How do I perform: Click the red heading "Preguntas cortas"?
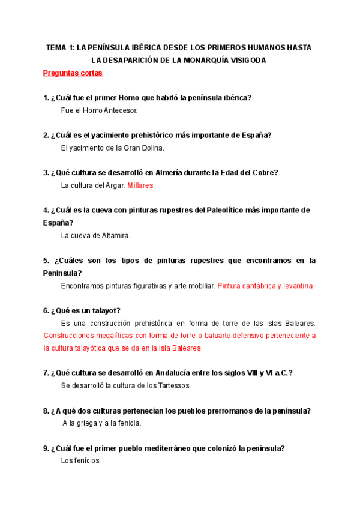pos(73,73)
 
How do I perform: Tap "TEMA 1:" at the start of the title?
pos(61,48)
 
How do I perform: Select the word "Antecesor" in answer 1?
pos(119,110)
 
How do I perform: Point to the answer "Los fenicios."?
pos(81,460)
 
